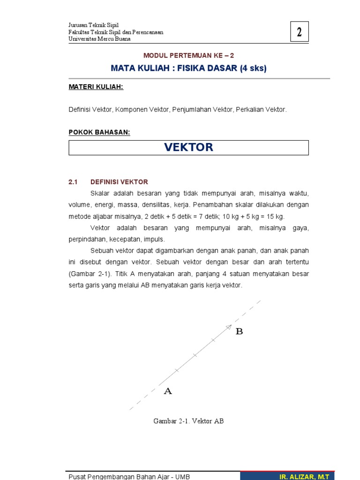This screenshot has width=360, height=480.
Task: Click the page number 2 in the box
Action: pos(299,32)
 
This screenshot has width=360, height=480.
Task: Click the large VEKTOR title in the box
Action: pos(188,147)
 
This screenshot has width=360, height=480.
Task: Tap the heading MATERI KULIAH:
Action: pos(96,87)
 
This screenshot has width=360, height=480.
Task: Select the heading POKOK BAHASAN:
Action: pos(99,133)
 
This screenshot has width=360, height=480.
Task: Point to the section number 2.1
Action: pos(73,182)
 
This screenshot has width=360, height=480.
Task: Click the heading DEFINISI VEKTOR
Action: pos(119,182)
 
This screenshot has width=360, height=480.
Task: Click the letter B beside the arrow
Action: pos(239,331)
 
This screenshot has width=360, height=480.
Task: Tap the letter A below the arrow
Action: pos(168,391)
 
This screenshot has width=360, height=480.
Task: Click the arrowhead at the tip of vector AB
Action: pos(229,327)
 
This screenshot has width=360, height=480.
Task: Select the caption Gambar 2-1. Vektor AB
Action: pos(188,421)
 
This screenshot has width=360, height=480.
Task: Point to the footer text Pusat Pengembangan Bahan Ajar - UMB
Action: pos(129,477)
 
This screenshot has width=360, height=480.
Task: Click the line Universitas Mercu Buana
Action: pos(99,39)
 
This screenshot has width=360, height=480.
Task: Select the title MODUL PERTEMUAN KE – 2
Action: pos(188,55)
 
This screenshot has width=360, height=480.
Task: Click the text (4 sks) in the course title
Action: pos(253,68)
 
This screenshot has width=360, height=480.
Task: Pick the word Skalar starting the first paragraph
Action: pos(99,194)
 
